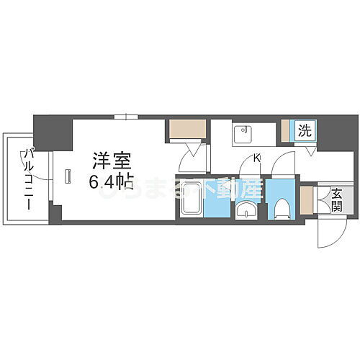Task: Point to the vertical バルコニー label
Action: point(28,179)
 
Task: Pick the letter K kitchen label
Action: point(257,159)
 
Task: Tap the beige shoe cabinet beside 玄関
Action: point(307,200)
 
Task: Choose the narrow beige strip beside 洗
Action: point(285,130)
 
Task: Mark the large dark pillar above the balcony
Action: point(53,132)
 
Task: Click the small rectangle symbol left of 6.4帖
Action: point(67,176)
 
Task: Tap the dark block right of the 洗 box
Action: point(337,132)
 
